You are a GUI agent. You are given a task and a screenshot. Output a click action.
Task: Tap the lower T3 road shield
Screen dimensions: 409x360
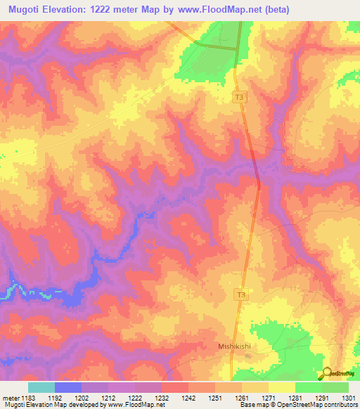(x=241, y=295)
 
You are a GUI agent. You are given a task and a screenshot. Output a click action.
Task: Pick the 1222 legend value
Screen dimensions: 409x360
(x=135, y=397)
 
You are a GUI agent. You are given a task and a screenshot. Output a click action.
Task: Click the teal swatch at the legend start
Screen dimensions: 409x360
(x=41, y=387)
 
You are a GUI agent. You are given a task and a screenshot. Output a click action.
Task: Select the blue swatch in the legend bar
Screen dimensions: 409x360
(x=68, y=387)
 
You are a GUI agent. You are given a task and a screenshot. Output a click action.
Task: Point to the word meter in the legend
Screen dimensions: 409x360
(x=11, y=397)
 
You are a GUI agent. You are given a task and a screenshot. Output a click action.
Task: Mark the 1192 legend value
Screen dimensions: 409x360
(x=55, y=397)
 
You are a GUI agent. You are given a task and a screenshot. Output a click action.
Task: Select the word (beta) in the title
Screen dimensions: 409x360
(x=267, y=10)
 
